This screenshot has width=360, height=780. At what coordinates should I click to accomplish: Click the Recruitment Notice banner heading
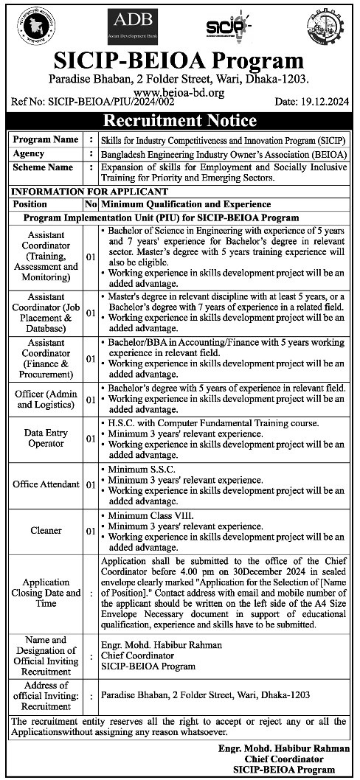(x=179, y=121)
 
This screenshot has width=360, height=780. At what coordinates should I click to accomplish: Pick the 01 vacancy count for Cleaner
(x=90, y=530)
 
